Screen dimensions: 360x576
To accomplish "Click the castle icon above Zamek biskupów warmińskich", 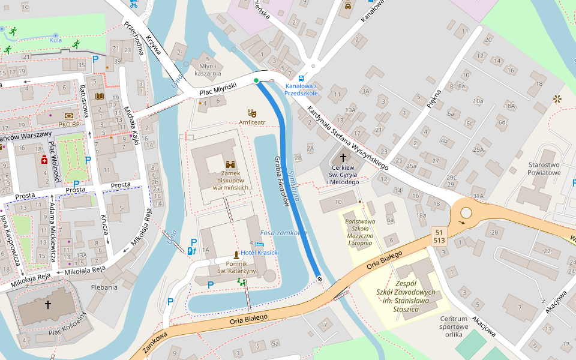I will tap(230, 164).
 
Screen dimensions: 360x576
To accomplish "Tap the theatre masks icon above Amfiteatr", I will tap(252, 112).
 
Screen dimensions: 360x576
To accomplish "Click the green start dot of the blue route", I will tap(256, 80).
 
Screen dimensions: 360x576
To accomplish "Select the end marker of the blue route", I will tap(319, 278).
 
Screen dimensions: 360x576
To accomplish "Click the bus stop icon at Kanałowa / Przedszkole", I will tap(301, 78).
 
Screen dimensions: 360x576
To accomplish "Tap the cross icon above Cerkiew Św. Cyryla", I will tap(343, 158).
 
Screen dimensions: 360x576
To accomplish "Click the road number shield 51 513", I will tap(439, 236).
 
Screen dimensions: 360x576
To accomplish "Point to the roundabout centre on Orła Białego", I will tap(466, 213).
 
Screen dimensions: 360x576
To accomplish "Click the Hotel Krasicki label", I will tap(260, 253).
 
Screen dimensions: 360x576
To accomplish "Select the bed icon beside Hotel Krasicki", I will tap(259, 244).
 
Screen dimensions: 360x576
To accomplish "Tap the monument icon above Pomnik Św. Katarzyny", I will tap(236, 255).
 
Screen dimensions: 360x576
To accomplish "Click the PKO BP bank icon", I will tap(69, 116).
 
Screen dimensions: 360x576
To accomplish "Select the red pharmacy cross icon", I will tap(44, 161).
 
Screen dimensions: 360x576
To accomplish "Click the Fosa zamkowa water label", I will tap(283, 233).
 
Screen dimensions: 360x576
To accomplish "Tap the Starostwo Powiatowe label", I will tap(544, 169).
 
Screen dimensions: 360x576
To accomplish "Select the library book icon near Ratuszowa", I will tap(100, 96).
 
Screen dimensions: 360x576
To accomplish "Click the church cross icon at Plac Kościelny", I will tap(48, 305).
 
